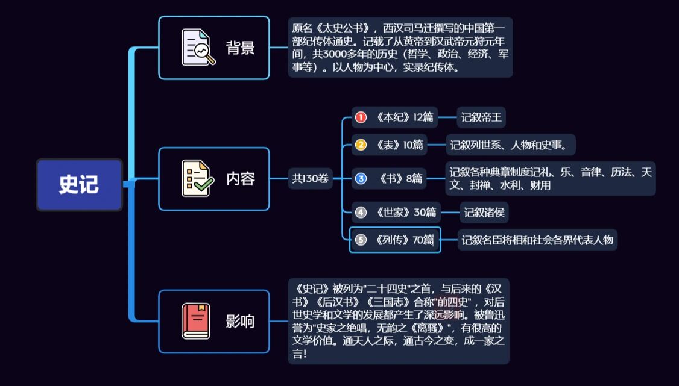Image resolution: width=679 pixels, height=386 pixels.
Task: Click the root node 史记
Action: (79, 184)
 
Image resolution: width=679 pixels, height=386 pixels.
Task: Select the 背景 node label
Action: (240, 48)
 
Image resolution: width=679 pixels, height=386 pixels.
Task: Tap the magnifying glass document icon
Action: (198, 48)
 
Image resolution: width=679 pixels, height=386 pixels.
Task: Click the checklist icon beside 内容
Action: (197, 179)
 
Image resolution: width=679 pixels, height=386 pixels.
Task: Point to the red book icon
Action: (196, 321)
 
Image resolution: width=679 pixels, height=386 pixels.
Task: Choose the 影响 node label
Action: (240, 322)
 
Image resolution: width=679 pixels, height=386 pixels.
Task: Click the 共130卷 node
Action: (311, 178)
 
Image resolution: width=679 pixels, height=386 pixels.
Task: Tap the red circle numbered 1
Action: (361, 117)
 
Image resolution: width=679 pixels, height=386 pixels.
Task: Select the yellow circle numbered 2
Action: (361, 145)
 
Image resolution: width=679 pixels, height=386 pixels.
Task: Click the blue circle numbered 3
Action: (361, 178)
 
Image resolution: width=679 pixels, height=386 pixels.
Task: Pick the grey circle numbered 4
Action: (361, 212)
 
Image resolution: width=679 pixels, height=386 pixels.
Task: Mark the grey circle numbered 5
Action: (361, 240)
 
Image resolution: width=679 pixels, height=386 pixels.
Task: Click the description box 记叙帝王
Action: (481, 117)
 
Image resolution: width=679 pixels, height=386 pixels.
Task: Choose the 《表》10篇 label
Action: (399, 145)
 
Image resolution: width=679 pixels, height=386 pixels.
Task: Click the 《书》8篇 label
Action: (401, 178)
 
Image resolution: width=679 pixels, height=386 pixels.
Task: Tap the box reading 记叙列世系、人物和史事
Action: (510, 145)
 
